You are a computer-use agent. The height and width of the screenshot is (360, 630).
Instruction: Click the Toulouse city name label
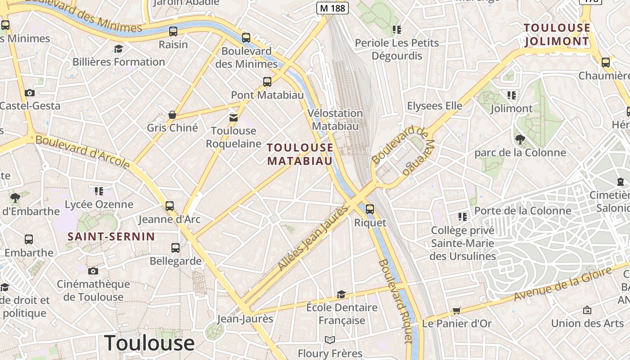(149, 343)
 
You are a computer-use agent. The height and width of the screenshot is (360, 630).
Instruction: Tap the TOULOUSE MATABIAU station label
(300, 154)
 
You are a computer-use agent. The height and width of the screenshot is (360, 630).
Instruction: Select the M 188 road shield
(333, 8)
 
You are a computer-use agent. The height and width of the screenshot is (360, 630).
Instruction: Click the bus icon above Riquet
(369, 209)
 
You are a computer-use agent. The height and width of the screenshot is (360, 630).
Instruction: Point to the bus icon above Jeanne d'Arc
(169, 206)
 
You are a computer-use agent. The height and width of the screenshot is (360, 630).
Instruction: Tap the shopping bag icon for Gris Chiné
(172, 115)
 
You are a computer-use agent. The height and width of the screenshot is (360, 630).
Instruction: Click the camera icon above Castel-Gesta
(30, 93)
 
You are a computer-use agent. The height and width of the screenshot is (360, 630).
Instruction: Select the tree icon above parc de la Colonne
(520, 139)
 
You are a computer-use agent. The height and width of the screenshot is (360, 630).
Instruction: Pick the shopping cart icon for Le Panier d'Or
(457, 310)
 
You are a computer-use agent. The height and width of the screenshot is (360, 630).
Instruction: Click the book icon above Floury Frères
(330, 340)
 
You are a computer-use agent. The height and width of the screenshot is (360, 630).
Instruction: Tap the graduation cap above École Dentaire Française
(342, 294)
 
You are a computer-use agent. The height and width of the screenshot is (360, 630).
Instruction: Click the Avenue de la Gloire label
(562, 283)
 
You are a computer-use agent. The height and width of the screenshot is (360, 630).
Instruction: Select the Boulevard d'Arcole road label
(83, 152)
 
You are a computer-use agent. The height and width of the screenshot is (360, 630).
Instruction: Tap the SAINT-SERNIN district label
(111, 236)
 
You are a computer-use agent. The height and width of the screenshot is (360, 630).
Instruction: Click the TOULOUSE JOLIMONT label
(557, 35)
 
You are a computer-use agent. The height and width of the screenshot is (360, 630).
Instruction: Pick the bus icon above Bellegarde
(175, 247)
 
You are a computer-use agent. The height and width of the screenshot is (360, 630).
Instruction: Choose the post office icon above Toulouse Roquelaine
(233, 118)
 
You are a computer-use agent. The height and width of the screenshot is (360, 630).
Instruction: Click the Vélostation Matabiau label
(335, 119)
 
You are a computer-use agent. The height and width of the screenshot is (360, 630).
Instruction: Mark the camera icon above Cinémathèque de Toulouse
(93, 271)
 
